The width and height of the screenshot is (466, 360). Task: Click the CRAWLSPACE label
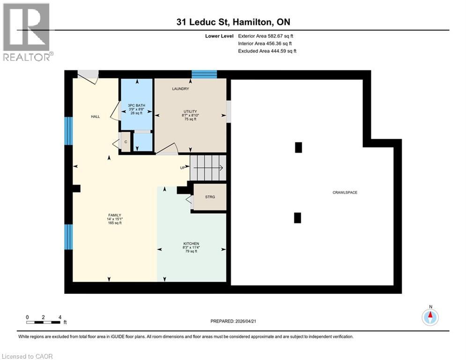tap(345, 193)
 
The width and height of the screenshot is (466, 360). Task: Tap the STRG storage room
tap(210, 197)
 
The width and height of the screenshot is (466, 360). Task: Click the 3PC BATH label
tap(137, 106)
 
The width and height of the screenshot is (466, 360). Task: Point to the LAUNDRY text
tap(180, 89)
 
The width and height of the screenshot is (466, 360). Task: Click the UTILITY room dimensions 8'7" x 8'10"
tap(190, 115)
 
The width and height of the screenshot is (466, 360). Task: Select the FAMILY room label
tap(115, 215)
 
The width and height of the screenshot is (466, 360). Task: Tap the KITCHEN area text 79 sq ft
tap(191, 252)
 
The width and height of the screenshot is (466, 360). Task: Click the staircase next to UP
tap(208, 168)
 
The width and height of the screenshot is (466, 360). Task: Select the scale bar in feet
tap(44, 322)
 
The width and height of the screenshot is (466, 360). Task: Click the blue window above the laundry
tap(205, 74)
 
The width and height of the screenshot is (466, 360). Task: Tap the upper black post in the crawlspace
tap(298, 147)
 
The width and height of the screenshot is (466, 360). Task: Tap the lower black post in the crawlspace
tap(297, 217)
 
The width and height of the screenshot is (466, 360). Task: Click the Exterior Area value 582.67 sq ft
tap(279, 36)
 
